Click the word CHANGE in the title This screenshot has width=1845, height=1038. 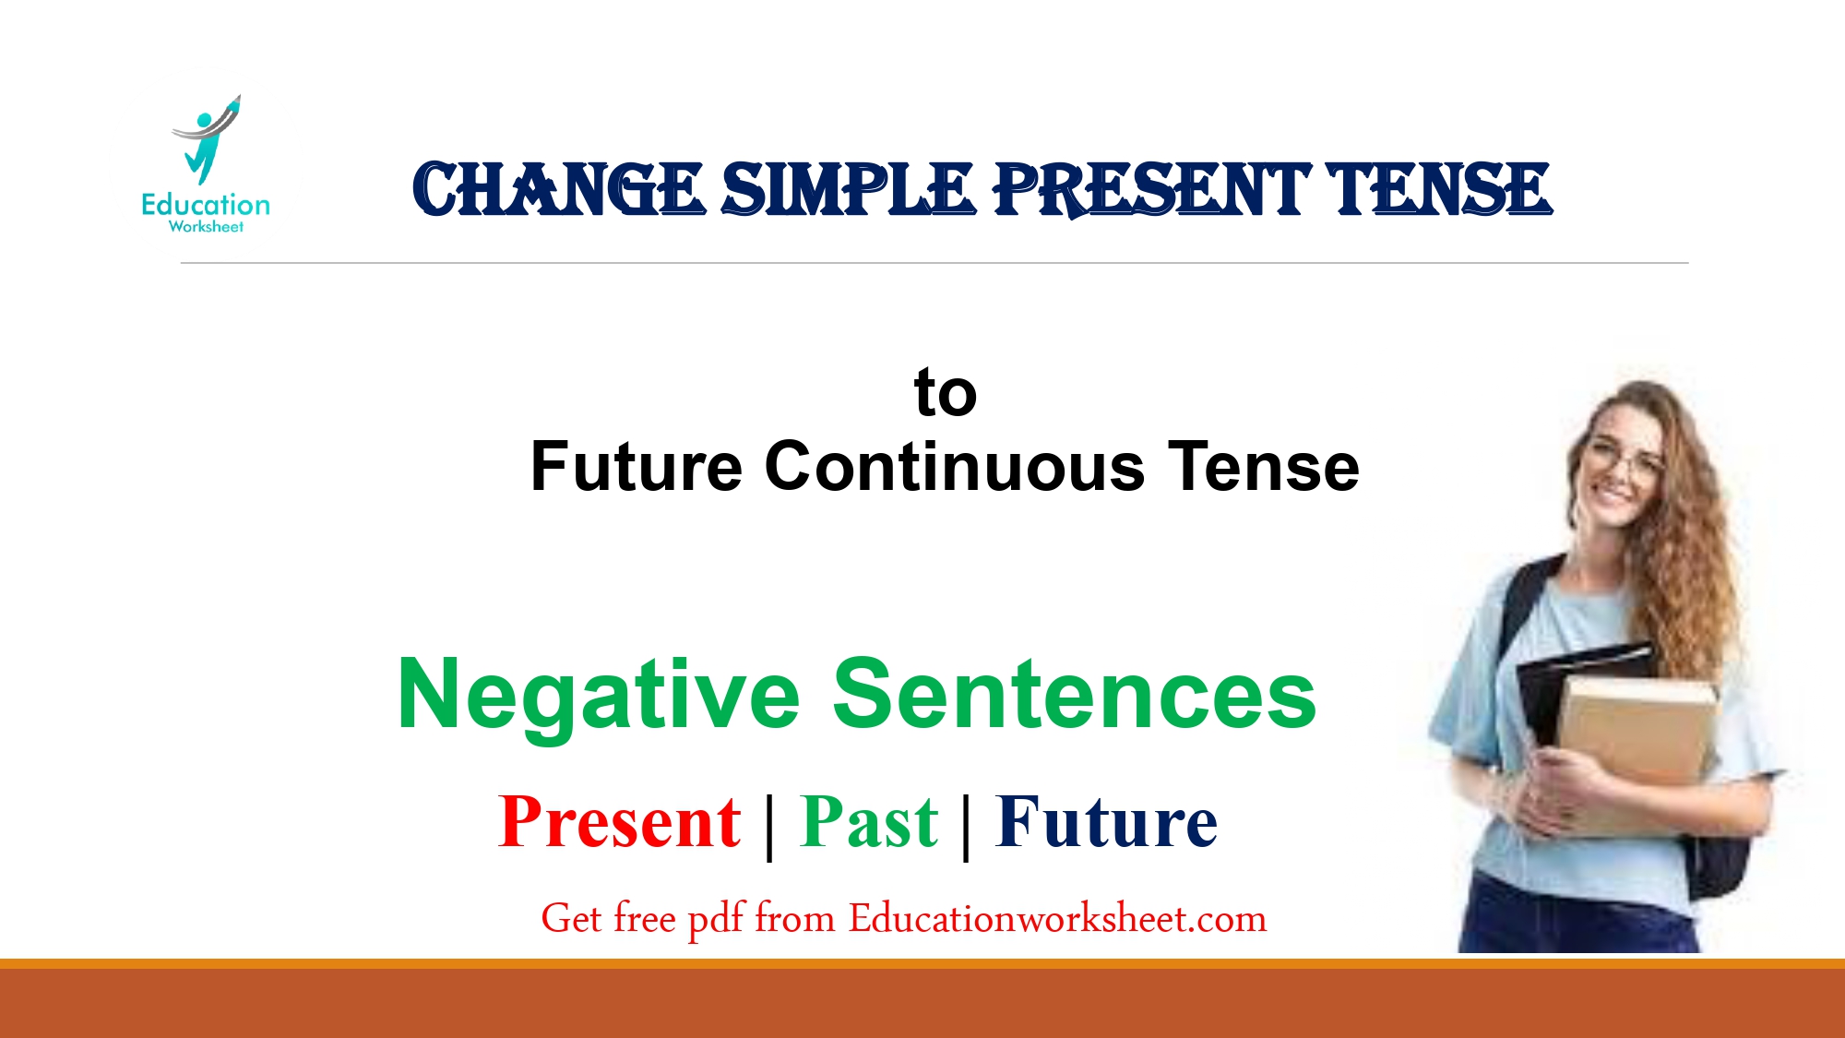pos(558,190)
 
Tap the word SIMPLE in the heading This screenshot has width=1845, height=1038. pos(848,190)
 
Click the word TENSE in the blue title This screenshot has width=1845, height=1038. pos(1439,190)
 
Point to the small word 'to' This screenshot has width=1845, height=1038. pos(945,393)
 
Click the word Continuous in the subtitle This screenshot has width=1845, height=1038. pos(955,467)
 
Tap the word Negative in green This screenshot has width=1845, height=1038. pos(598,696)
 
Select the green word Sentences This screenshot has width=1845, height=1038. pos(1074,696)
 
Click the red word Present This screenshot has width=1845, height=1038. pos(619,822)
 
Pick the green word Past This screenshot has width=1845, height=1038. pos(869,822)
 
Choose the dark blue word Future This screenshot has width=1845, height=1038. pos(1106,822)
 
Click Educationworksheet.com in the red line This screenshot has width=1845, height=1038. pos(1057,919)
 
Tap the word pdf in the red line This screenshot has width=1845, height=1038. pos(716,919)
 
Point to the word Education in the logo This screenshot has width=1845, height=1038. pos(206,205)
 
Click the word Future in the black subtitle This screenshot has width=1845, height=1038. pos(636,467)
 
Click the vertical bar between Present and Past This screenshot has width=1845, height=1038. pos(769,826)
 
